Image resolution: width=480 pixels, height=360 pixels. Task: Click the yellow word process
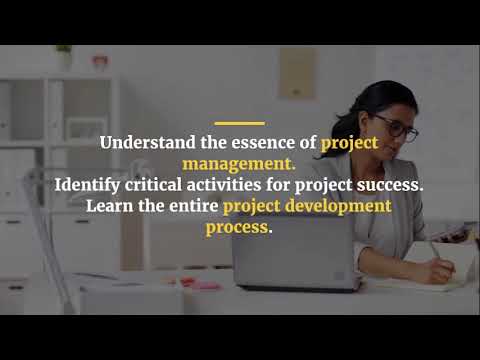[x=239, y=227]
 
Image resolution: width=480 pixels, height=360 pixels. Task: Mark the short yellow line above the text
[x=239, y=122]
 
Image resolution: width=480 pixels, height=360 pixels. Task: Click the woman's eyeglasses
[x=397, y=128]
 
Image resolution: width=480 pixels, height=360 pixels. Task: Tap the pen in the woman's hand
[x=436, y=250]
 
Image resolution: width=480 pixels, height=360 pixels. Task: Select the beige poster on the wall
[x=297, y=73]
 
